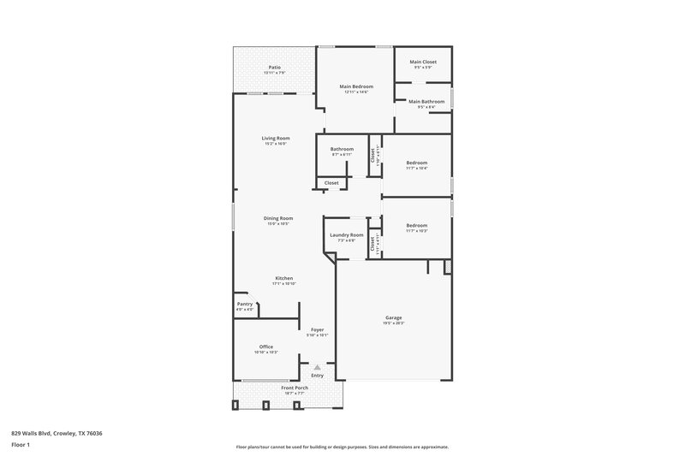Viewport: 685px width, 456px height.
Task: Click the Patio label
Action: (x=274, y=67)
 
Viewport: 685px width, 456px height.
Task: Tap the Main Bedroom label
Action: (x=355, y=86)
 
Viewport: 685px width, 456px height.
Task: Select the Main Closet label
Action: (x=423, y=62)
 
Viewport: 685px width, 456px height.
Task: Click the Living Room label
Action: (x=276, y=138)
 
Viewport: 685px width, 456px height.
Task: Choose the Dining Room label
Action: (x=278, y=218)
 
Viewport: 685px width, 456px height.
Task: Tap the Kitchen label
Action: (x=284, y=278)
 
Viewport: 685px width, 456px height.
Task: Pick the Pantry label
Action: (x=244, y=304)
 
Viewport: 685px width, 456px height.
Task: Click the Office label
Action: (x=266, y=346)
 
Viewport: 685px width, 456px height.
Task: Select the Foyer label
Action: (x=317, y=329)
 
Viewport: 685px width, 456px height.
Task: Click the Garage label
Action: (x=394, y=317)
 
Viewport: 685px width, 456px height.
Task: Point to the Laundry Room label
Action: (x=346, y=234)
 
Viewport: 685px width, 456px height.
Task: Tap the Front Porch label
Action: (x=295, y=388)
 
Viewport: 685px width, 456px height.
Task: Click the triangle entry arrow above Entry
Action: (x=317, y=367)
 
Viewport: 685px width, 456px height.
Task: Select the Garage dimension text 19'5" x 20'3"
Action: (x=394, y=323)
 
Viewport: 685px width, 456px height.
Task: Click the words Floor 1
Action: (x=20, y=445)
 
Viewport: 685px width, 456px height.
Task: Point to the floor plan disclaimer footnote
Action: (x=342, y=447)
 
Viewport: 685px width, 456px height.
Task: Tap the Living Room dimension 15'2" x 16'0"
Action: (x=276, y=144)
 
